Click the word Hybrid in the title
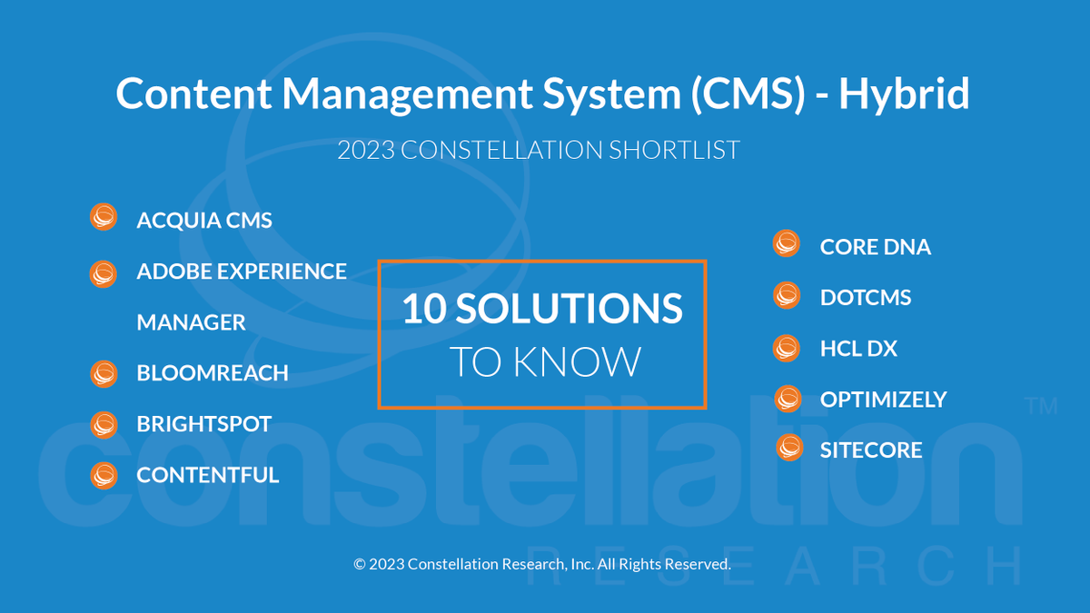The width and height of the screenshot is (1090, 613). (903, 94)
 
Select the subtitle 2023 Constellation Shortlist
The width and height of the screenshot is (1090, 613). (539, 150)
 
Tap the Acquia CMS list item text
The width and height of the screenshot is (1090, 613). (204, 221)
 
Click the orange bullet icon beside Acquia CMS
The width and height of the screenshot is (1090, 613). (104, 218)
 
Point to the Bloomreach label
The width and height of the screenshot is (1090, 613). (213, 373)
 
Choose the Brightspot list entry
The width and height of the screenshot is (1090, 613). (204, 424)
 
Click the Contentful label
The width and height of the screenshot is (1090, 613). (208, 475)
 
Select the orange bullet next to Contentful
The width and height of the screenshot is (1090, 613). (104, 474)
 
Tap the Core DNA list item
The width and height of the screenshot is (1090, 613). (875, 247)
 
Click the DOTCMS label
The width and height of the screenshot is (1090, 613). (865, 298)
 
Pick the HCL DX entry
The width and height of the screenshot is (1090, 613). (857, 349)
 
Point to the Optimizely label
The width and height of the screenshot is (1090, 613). (883, 400)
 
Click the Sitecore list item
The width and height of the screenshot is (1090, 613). (870, 450)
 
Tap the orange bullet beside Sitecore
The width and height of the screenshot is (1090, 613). (789, 447)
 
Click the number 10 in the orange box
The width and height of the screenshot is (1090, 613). (423, 310)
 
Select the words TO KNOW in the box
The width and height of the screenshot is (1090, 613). (545, 361)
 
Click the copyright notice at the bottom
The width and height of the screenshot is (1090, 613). (542, 564)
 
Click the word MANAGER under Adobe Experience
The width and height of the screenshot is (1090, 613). (191, 322)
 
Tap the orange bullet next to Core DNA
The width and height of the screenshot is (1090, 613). (787, 243)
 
